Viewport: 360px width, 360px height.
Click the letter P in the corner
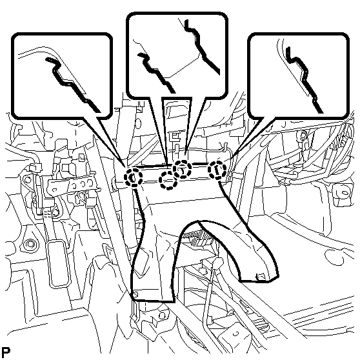(x=6, y=351)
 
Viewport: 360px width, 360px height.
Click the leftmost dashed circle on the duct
(x=133, y=177)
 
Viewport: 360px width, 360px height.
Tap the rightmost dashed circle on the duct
(x=217, y=170)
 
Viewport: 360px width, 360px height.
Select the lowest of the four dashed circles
(x=169, y=181)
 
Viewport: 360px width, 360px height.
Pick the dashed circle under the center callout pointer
(x=183, y=169)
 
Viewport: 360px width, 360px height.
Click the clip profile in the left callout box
(x=72, y=83)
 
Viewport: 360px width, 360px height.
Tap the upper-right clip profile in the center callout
(x=202, y=47)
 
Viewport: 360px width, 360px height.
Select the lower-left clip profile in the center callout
(x=156, y=72)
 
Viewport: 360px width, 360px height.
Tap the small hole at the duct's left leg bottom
(x=135, y=294)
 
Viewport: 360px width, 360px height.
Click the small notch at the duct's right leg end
(x=260, y=277)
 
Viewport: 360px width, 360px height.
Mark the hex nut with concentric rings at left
(x=30, y=244)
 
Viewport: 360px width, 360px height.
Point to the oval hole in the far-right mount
(x=344, y=193)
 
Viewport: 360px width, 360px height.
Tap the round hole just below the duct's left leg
(x=162, y=316)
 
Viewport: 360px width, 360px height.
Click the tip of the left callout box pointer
(x=126, y=167)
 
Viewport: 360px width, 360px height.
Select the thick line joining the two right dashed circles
(x=200, y=164)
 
